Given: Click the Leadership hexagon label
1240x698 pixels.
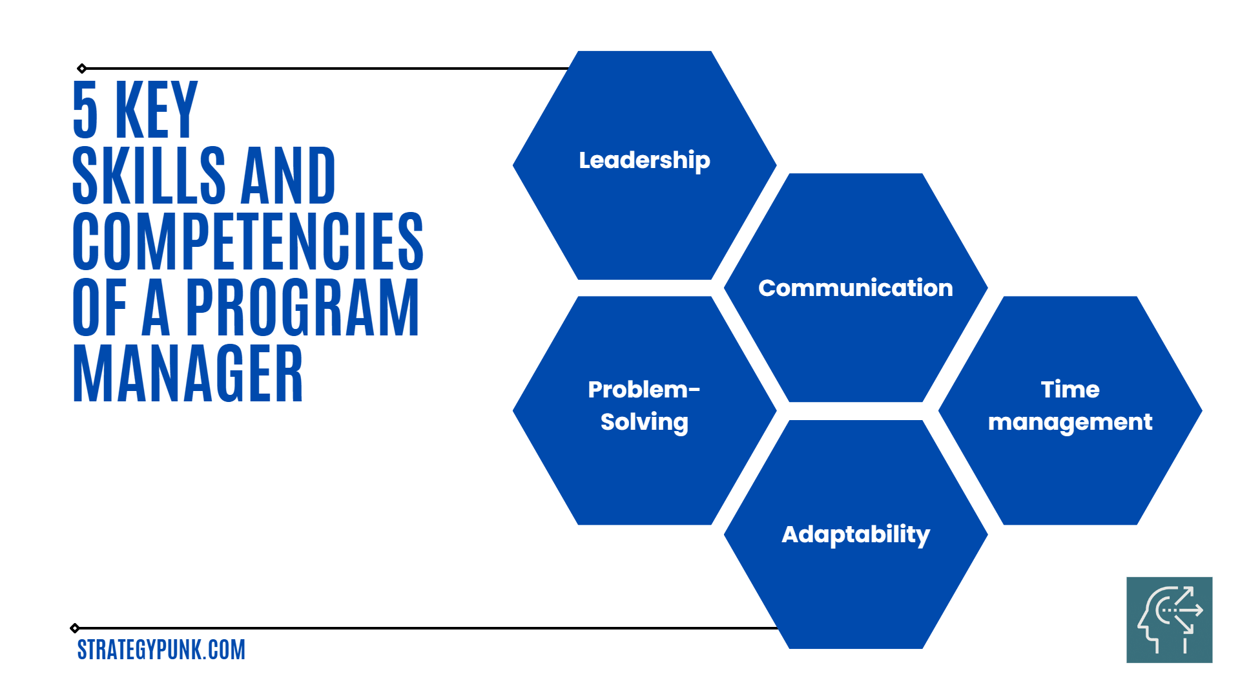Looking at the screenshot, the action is coord(645,160).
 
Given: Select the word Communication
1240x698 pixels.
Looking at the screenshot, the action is coord(856,288).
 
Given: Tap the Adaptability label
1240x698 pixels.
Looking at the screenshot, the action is coord(856,534).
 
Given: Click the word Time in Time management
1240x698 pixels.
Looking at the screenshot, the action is coord(1070,389).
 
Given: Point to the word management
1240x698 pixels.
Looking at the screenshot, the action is coord(1070,423).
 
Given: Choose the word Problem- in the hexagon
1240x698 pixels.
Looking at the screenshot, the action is coord(644,389).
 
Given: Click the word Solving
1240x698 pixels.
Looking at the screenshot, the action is coord(645,423).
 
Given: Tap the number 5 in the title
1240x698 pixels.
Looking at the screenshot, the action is coord(85,109).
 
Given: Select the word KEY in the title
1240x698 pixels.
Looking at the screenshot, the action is coord(156,109).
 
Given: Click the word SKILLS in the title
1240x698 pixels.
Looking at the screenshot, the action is coord(149,175).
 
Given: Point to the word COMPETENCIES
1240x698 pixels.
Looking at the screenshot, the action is coord(248,241).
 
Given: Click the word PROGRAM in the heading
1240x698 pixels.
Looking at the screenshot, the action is coord(303,308).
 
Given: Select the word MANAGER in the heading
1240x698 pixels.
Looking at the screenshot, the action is coord(188,374).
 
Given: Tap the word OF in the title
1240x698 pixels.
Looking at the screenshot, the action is coord(99,308).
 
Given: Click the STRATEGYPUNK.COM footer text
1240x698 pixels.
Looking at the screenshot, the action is coord(161,650).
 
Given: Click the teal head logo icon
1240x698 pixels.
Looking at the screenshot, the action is coord(1170,620).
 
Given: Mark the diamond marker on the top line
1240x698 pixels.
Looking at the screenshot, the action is coord(82,69).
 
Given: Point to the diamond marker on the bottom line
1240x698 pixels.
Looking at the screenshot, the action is coord(75,628).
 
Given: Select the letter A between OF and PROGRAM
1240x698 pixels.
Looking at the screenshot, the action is coord(156,308).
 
